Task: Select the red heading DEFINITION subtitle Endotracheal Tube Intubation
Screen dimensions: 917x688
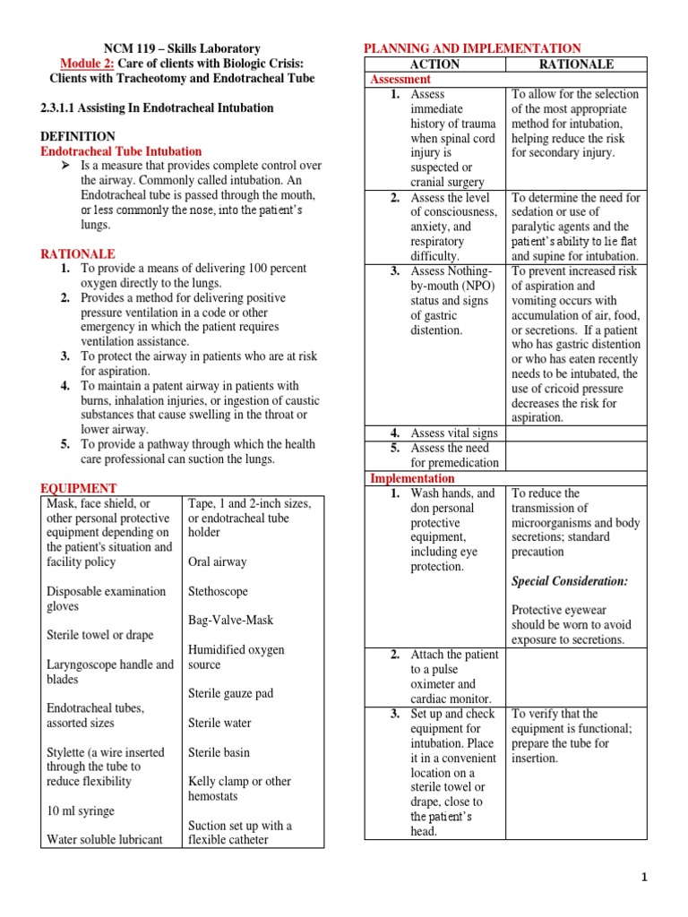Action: tap(121, 151)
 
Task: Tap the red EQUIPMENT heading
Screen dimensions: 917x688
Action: tap(79, 488)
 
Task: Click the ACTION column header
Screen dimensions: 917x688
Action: tap(434, 64)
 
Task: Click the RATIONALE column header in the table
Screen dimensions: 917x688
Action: tap(576, 64)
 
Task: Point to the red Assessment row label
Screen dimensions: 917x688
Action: tap(400, 79)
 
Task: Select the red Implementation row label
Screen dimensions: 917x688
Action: tap(413, 478)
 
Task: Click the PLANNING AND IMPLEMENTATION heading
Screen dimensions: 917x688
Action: tap(471, 48)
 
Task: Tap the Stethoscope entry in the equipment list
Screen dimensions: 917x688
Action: tap(218, 591)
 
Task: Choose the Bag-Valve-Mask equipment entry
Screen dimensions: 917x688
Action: tap(231, 620)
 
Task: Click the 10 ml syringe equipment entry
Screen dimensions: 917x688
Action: tap(81, 810)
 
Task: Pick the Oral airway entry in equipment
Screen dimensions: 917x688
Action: tap(217, 561)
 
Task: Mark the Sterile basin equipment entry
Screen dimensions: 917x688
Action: tap(219, 752)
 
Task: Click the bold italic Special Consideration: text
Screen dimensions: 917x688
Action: tap(570, 581)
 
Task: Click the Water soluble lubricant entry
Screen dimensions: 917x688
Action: tap(105, 839)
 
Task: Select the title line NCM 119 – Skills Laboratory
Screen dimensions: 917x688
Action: tap(182, 48)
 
